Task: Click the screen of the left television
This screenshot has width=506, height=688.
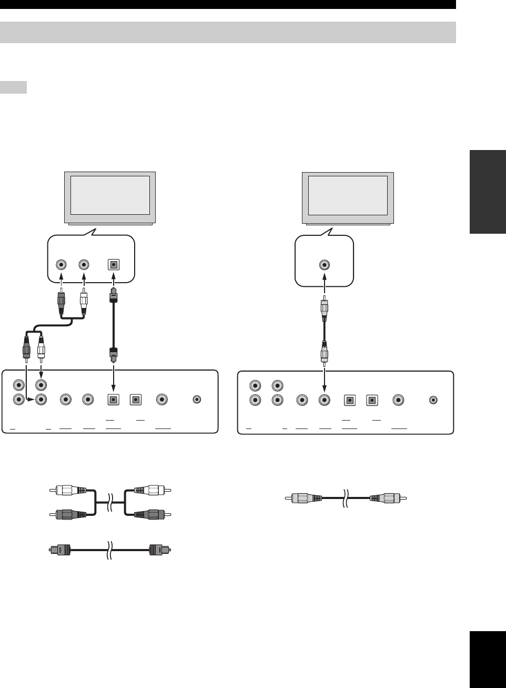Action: tap(110, 194)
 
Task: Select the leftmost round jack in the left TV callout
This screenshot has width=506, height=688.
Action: tap(63, 265)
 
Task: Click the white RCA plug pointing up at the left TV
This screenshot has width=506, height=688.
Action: tap(84, 304)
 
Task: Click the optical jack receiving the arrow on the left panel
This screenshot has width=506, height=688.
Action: tap(112, 400)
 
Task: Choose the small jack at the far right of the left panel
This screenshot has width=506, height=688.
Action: tap(197, 400)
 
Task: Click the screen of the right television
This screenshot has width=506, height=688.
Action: tap(348, 194)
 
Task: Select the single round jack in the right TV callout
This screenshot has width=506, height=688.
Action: tap(325, 265)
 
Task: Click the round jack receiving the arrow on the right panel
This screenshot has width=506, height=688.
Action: tap(325, 400)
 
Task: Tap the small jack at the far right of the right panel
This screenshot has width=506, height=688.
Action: tap(433, 400)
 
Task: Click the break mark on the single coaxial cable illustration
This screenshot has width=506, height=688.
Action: tap(346, 498)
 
